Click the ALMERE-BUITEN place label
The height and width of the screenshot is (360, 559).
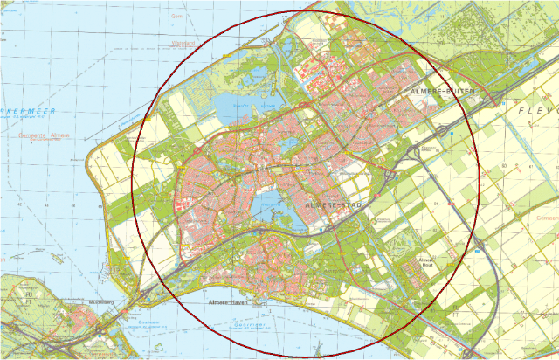tap(443, 90)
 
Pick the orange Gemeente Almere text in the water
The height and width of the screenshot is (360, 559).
tap(44, 136)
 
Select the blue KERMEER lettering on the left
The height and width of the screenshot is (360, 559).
tap(26, 112)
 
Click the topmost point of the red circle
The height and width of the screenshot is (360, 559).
tap(306, 11)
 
